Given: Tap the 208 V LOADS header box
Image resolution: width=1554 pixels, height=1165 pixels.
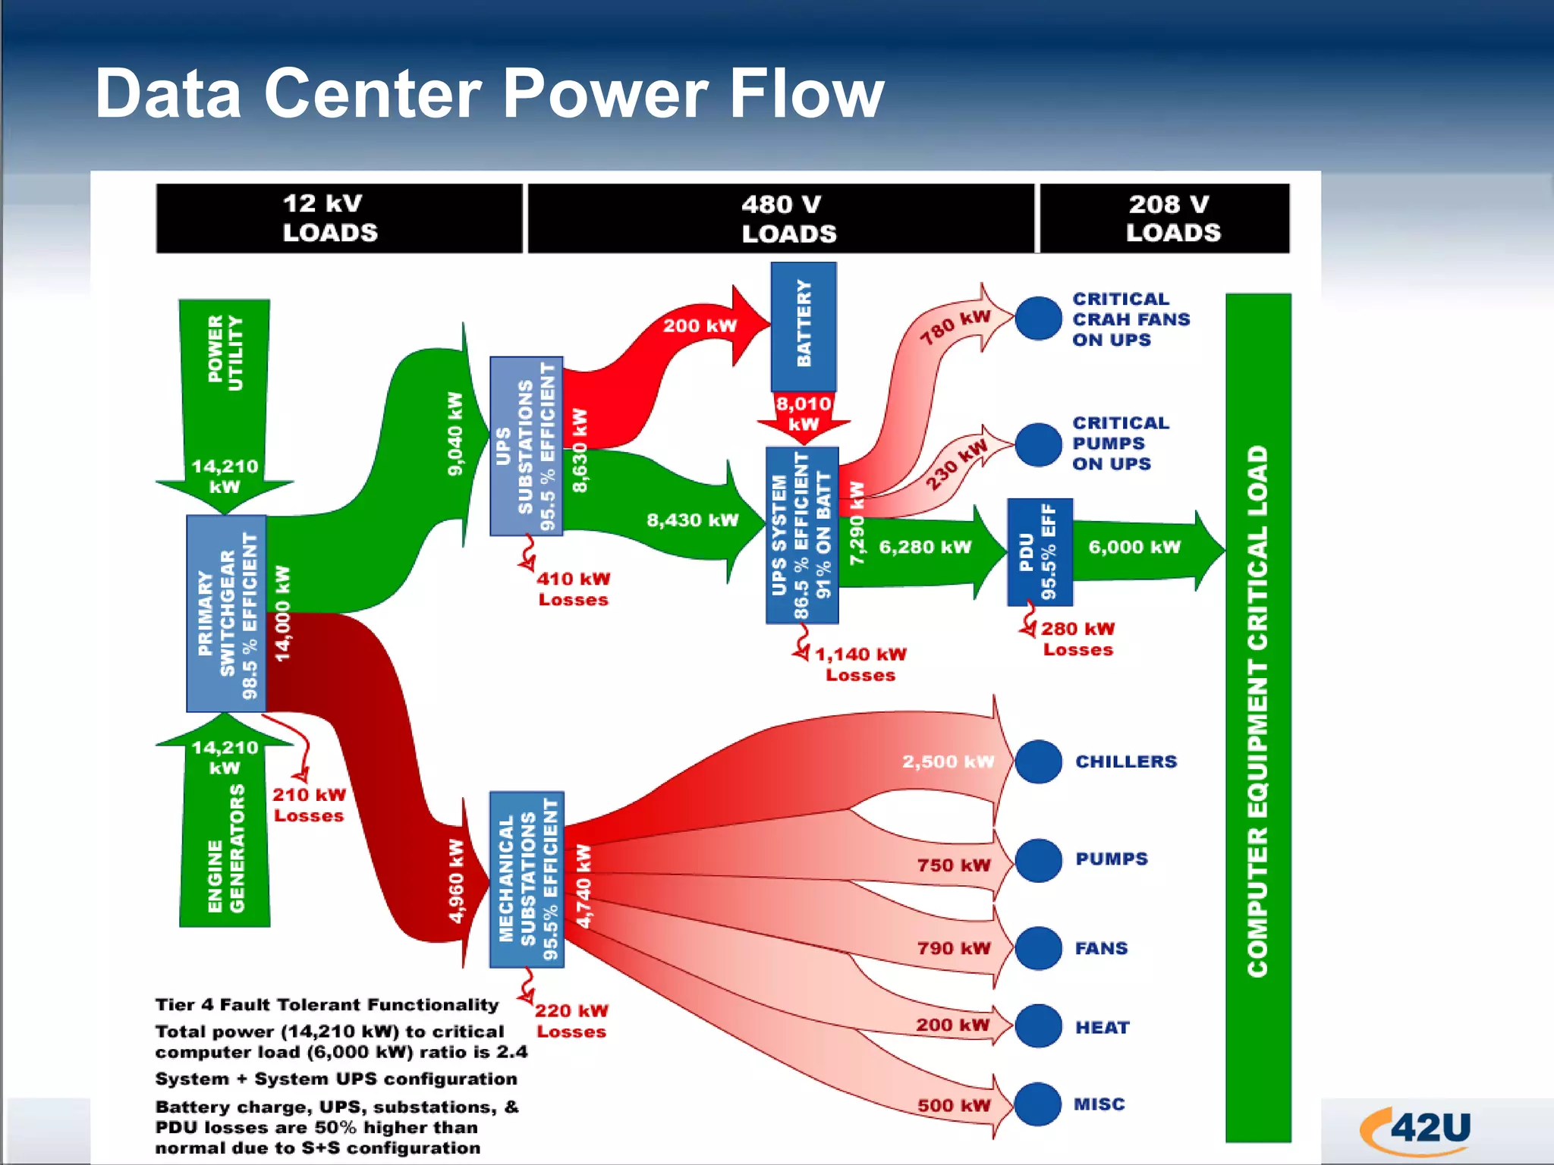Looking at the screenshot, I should click(x=1164, y=218).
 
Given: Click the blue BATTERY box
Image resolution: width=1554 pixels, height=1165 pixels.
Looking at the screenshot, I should click(x=804, y=327).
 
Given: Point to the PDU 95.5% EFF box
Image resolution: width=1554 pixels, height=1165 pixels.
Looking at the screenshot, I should click(x=1040, y=551).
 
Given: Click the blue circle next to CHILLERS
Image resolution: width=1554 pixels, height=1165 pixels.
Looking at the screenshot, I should click(x=1038, y=761).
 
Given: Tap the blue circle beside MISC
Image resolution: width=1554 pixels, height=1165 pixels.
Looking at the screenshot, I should click(x=1038, y=1104).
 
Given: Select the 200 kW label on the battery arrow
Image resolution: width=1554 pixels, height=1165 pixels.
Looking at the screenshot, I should click(x=700, y=326).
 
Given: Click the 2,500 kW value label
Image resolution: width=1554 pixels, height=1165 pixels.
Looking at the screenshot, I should click(x=948, y=761).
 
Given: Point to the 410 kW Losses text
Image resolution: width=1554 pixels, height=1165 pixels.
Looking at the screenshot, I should click(x=574, y=589).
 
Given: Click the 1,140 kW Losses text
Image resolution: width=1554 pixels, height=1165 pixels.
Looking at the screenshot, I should click(x=860, y=664).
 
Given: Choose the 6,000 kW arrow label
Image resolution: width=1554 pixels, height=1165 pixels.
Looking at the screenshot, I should click(x=1134, y=547).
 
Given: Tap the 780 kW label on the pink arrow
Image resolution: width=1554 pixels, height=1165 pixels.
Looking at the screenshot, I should click(x=955, y=327).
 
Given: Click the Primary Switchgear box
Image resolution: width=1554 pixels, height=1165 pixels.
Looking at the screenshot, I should click(x=226, y=614).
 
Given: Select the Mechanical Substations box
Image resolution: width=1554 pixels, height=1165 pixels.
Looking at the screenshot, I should click(x=527, y=879).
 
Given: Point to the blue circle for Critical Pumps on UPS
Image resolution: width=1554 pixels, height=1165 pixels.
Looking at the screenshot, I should click(x=1038, y=444).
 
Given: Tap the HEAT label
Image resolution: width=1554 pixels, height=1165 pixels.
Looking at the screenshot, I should click(x=1103, y=1028).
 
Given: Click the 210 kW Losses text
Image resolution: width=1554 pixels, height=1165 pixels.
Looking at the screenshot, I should click(x=309, y=805).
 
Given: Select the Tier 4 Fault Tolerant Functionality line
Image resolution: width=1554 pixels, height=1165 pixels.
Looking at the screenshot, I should click(x=327, y=1005).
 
